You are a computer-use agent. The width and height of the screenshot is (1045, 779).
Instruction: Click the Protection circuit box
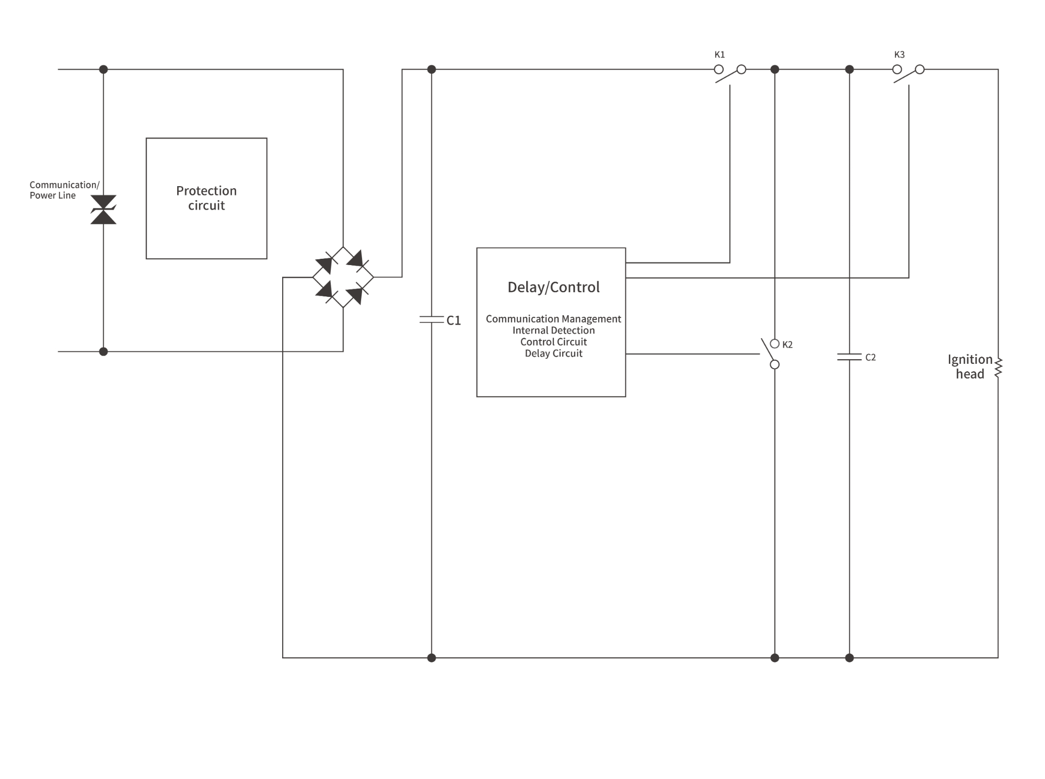coord(206,198)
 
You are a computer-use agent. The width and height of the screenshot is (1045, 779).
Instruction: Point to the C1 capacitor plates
coord(432,319)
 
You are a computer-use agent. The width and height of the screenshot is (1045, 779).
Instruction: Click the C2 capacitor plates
coord(849,357)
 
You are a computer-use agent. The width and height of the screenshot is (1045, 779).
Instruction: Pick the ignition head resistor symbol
coord(998,367)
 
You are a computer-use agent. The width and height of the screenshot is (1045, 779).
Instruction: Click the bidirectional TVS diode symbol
coord(103,210)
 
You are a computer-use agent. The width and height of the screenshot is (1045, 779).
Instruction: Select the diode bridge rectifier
coord(343,277)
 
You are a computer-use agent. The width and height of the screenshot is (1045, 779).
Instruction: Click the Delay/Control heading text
coord(553,287)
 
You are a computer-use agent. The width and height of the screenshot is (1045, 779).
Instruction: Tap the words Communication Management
coord(553,319)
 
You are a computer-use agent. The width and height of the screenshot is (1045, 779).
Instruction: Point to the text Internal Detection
coord(553,330)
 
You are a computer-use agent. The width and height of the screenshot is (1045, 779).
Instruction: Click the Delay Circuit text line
coord(553,353)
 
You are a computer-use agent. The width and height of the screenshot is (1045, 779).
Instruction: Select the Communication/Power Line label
coord(64,190)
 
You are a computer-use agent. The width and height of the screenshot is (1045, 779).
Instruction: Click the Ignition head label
coord(970,366)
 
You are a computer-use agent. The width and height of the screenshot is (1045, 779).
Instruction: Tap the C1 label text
coord(454,320)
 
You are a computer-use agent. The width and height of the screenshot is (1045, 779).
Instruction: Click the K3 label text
coord(899,54)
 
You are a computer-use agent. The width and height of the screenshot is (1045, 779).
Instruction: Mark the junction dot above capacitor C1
coord(432,69)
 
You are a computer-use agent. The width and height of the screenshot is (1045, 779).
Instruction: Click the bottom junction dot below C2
coord(849,658)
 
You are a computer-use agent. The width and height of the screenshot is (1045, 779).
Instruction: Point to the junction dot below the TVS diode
coord(103,351)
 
